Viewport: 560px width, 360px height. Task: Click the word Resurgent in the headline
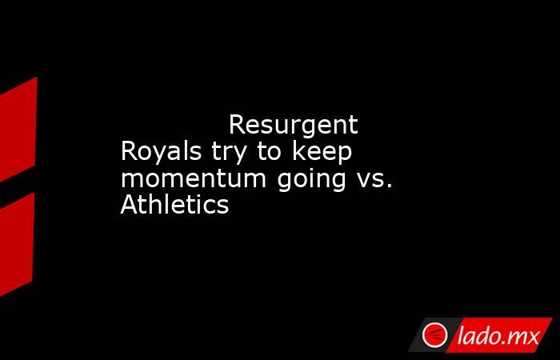point(294,126)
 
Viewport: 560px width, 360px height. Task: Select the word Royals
point(161,152)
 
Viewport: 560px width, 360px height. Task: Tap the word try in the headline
point(229,153)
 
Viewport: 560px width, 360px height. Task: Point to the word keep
point(322,152)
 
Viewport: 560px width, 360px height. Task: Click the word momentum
point(194,178)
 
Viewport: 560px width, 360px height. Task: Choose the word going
point(311,180)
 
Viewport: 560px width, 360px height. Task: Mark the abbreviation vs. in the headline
point(374,180)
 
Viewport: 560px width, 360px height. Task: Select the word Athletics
point(174,205)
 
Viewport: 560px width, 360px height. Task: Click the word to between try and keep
point(270,153)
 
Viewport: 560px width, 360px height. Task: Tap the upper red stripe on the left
point(18,130)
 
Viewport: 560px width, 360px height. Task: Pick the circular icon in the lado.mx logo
point(434,335)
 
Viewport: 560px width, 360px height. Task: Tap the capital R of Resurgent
point(238,125)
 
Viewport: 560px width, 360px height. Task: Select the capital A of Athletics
point(130,205)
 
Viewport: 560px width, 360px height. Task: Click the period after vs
point(390,186)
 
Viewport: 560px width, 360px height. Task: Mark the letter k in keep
point(299,151)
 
